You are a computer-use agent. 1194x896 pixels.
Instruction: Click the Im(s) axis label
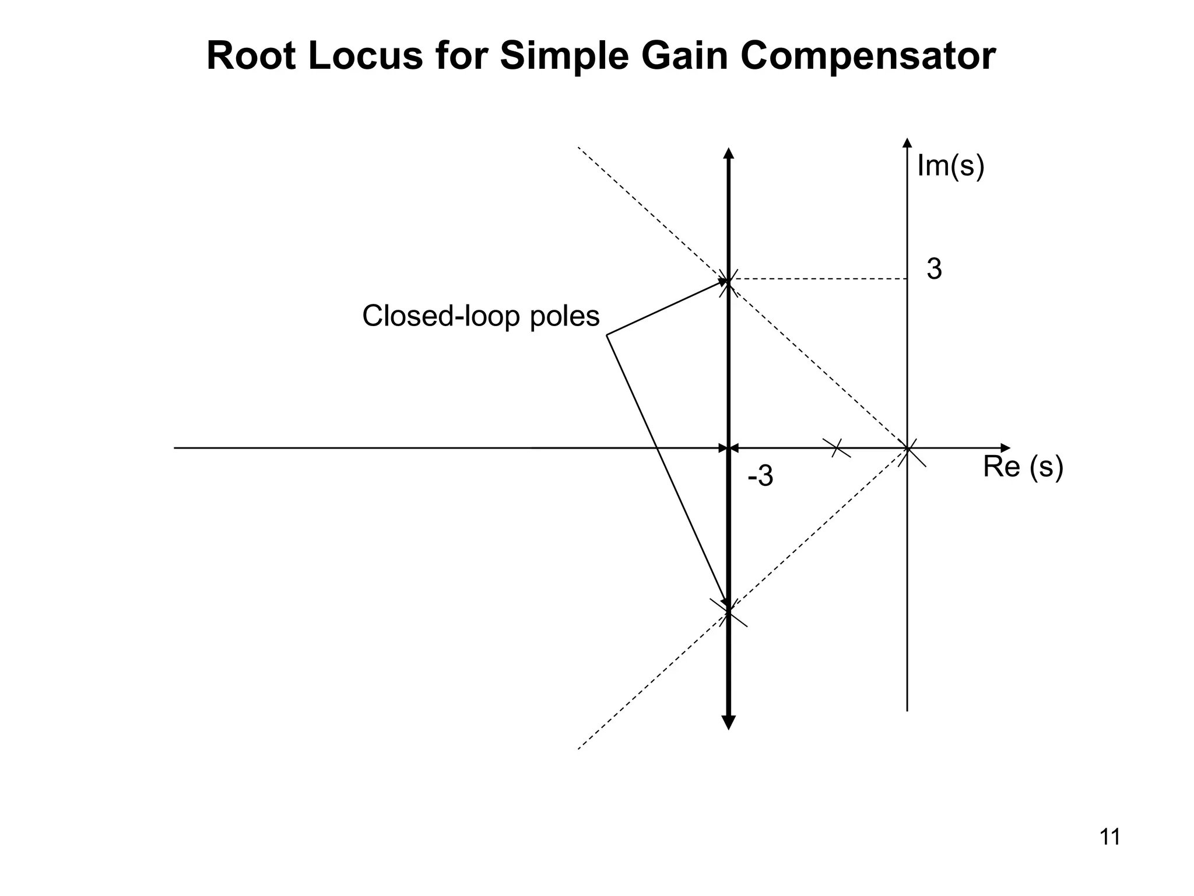click(x=950, y=166)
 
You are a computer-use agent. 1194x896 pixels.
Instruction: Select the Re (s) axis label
click(x=1023, y=467)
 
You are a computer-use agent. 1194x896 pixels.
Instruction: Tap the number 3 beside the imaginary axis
click(x=934, y=269)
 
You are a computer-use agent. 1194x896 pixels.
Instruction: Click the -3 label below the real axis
click(x=760, y=477)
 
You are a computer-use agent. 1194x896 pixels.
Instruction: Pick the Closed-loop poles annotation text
click(x=480, y=316)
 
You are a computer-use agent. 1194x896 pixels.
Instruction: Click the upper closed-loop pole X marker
click(x=728, y=281)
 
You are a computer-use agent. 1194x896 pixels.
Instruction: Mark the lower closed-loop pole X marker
click(x=728, y=612)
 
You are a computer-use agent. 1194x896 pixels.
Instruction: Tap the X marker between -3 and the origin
click(x=836, y=448)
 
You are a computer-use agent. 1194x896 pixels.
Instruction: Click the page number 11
click(x=1109, y=837)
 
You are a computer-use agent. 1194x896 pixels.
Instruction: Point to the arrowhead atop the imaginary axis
click(x=907, y=143)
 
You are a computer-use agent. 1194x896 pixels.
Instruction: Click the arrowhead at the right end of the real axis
click(x=1006, y=448)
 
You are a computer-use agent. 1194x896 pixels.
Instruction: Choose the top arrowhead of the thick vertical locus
click(x=728, y=153)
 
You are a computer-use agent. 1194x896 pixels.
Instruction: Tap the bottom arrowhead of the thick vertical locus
click(x=728, y=723)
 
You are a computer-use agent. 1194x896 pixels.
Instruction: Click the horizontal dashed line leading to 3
click(x=816, y=279)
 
